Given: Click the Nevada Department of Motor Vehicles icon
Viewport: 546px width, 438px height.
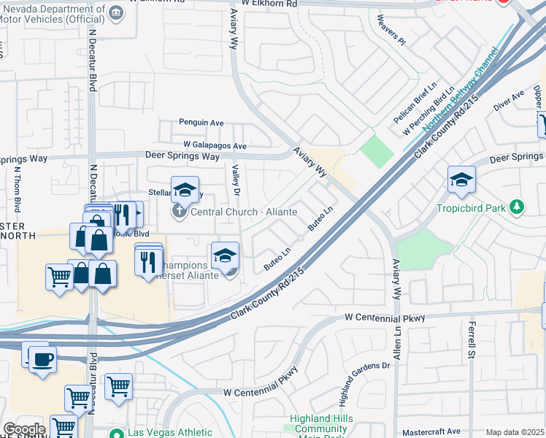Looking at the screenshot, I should (116, 12).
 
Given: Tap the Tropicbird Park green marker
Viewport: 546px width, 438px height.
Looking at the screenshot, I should (517, 208).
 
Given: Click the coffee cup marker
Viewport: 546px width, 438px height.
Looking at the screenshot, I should (42, 359).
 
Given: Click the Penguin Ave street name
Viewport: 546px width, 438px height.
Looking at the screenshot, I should (201, 123).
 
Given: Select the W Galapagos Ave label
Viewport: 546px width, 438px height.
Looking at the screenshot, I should (215, 145).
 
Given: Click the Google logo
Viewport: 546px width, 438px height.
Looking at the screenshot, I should (24, 429).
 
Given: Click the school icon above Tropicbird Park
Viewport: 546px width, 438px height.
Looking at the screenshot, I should (461, 179).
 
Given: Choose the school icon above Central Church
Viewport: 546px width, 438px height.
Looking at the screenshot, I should (185, 189).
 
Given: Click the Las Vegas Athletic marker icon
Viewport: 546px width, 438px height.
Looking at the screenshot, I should (115, 433).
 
